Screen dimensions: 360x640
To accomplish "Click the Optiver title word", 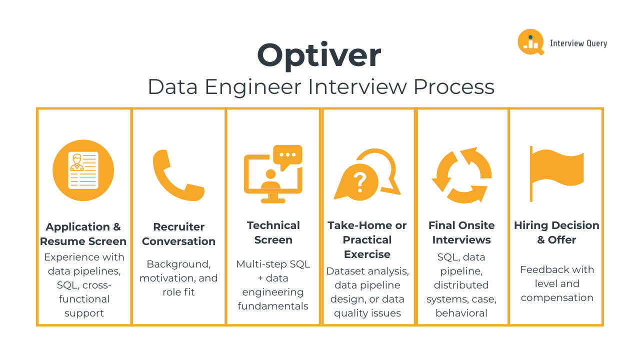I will (319, 55).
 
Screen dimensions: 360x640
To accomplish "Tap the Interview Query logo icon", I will (530, 42).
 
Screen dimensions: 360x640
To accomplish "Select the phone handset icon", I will (178, 174).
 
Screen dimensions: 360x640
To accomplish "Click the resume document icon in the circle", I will (83, 170).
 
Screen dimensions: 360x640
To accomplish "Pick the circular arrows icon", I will (461, 175).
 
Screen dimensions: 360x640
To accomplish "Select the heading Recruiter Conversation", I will (178, 234).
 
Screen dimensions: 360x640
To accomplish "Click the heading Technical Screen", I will (273, 232).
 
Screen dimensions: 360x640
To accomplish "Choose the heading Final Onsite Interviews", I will (461, 232).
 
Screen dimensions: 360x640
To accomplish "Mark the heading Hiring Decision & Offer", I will (556, 232).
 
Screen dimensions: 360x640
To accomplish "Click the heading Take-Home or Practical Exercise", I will (367, 239).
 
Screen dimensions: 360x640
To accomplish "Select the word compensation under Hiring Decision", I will (557, 298).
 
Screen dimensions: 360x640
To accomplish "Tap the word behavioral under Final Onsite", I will (461, 313).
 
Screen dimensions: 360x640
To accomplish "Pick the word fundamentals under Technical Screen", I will (273, 306).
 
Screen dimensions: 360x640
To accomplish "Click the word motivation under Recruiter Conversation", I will (167, 278).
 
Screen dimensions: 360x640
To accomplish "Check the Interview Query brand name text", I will (578, 43).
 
